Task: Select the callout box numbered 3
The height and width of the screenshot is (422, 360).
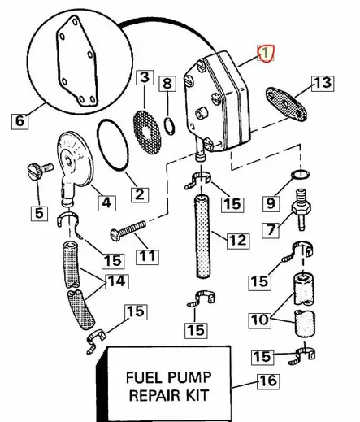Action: click(x=144, y=78)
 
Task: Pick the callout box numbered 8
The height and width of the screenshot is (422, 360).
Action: click(x=166, y=83)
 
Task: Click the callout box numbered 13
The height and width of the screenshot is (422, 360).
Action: click(x=322, y=83)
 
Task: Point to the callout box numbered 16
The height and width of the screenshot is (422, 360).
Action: click(x=267, y=381)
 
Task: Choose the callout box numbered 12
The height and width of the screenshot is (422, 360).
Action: click(x=236, y=240)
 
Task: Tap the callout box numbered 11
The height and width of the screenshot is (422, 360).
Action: click(x=147, y=256)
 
